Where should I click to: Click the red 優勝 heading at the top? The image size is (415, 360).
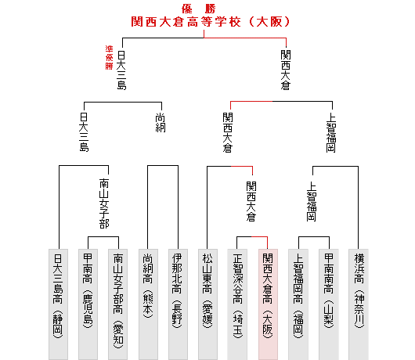[199, 9]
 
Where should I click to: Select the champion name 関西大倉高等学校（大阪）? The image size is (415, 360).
[211, 22]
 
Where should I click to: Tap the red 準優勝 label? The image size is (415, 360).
[109, 57]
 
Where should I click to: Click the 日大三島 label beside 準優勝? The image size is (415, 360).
[121, 70]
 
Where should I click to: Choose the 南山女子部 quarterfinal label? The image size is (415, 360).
[104, 203]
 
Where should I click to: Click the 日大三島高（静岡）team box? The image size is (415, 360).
[58, 304]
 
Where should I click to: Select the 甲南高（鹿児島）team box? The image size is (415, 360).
[88, 304]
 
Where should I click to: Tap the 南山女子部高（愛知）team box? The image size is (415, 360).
[117, 304]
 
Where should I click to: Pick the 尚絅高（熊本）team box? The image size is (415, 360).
[148, 304]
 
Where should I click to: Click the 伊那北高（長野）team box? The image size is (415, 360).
[178, 304]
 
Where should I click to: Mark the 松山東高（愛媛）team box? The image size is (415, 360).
[207, 304]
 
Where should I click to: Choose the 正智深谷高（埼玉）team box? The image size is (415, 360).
[237, 304]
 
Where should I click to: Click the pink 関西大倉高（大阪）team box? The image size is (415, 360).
[268, 304]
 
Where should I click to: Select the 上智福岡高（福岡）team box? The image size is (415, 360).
[298, 304]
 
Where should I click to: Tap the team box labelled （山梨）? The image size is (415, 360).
[329, 304]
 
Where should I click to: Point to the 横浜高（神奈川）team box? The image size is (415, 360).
[359, 304]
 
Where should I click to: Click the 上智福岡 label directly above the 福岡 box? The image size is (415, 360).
[312, 201]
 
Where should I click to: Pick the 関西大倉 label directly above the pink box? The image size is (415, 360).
[251, 201]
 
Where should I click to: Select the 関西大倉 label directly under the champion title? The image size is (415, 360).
[286, 70]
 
